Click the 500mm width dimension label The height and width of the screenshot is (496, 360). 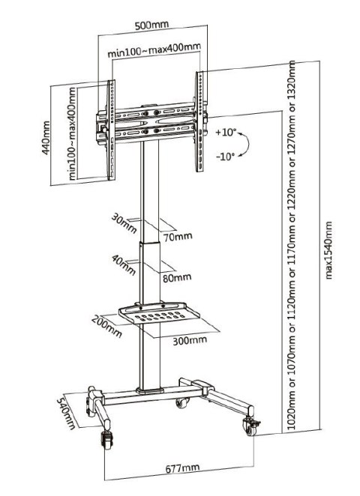(151, 25)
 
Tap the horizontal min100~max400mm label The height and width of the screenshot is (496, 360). (154, 52)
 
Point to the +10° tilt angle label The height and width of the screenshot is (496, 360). (225, 132)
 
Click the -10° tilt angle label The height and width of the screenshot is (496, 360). (225, 157)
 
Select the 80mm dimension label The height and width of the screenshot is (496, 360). (176, 278)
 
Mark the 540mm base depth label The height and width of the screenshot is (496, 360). (68, 411)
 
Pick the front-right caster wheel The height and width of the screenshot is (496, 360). (248, 427)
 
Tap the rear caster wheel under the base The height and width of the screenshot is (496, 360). (181, 404)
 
